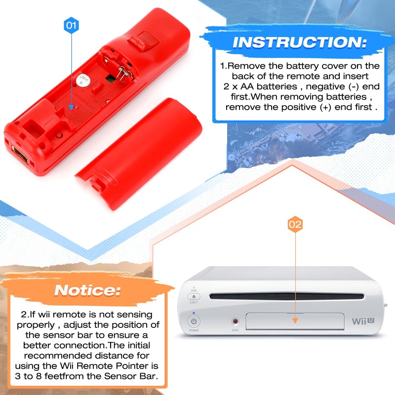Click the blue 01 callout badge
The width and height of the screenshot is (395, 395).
tap(72, 25)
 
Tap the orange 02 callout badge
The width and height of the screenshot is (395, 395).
tap(295, 225)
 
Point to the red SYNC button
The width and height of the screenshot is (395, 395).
tap(235, 321)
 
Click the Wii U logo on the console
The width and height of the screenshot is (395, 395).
tap(363, 321)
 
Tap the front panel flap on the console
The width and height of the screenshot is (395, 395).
tap(295, 321)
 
